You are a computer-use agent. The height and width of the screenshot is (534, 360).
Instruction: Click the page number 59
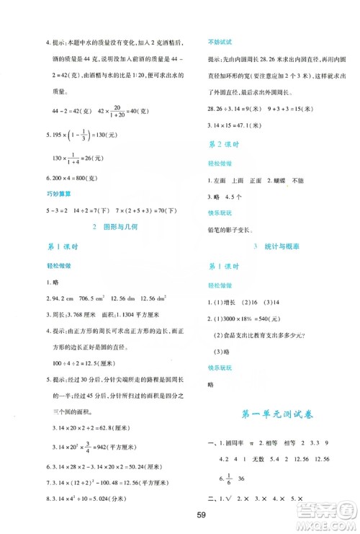click(x=180, y=516)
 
